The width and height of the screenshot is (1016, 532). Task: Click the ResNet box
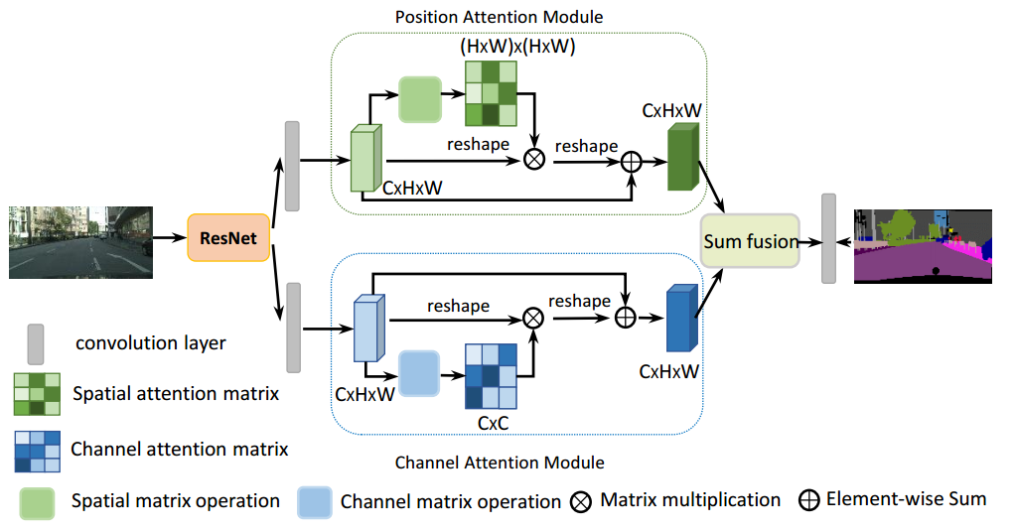[228, 239]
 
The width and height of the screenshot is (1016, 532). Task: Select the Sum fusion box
[751, 241]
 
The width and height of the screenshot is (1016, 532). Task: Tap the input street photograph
[82, 241]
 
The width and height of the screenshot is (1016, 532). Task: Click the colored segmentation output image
[923, 246]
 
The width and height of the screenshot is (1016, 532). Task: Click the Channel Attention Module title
[500, 463]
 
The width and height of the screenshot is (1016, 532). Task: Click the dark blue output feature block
[682, 320]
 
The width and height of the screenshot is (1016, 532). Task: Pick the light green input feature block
[367, 160]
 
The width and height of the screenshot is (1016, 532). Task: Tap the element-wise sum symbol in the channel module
[625, 318]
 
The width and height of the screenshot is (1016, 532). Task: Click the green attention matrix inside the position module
[492, 93]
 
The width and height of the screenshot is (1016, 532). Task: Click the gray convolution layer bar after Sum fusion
[828, 239]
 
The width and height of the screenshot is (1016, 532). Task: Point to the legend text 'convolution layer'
[151, 344]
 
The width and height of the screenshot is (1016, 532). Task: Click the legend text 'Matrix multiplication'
[690, 499]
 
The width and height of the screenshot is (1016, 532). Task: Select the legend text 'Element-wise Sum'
[906, 498]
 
